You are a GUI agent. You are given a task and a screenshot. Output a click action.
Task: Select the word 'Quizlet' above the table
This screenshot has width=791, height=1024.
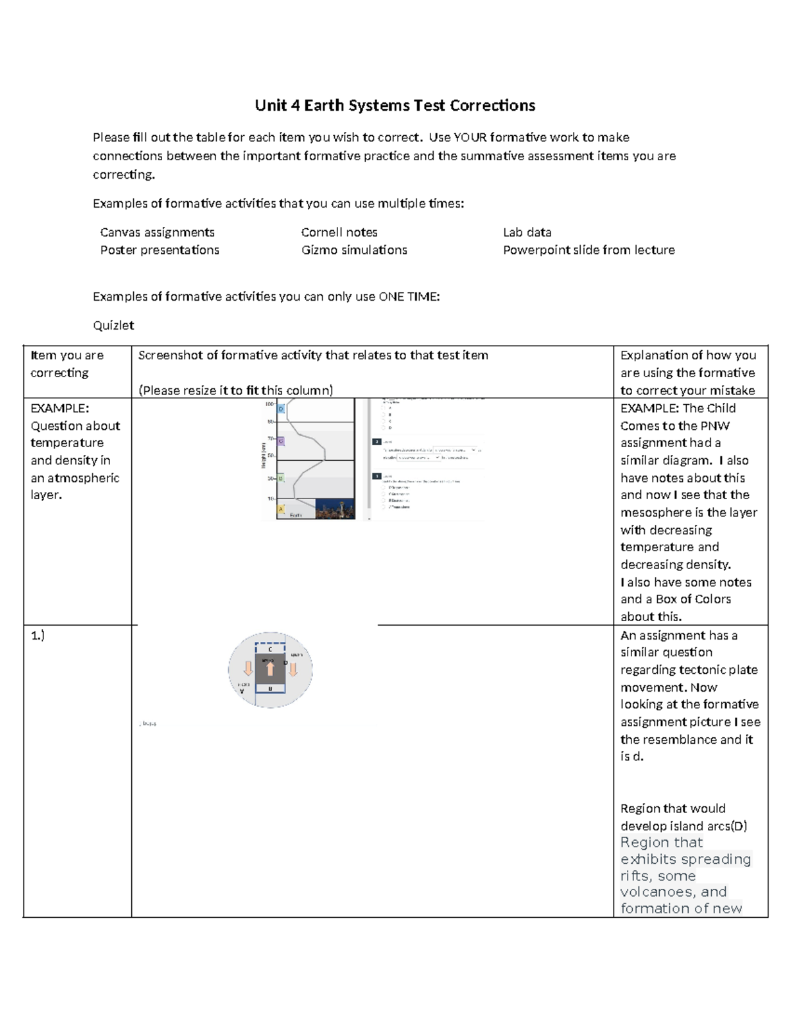(113, 325)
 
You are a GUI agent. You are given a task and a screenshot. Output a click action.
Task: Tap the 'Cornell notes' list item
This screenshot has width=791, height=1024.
(339, 232)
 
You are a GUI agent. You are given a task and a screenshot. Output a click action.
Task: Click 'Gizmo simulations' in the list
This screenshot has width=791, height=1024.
(354, 250)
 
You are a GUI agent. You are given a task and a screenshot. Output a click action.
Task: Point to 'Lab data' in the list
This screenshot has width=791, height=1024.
(527, 232)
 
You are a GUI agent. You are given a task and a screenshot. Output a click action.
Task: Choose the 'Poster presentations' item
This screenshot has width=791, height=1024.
(160, 250)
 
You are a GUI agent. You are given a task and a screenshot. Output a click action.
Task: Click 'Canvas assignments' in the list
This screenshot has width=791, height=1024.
(157, 232)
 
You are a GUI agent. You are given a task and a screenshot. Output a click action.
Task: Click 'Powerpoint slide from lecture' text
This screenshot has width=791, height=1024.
(589, 250)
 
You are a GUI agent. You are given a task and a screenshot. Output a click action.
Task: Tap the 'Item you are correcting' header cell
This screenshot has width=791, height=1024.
(67, 364)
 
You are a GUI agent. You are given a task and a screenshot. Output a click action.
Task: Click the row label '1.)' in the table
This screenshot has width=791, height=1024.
(38, 636)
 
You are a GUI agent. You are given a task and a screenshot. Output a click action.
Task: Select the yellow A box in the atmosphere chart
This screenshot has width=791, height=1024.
(281, 509)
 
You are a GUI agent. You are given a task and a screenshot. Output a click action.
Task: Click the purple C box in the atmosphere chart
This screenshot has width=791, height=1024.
(281, 440)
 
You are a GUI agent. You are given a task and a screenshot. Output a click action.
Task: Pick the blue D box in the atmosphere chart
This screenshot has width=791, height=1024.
(281, 409)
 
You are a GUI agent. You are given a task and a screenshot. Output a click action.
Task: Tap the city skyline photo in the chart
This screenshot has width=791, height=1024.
(335, 508)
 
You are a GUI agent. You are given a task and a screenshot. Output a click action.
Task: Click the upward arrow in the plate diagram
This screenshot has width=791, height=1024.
(270, 669)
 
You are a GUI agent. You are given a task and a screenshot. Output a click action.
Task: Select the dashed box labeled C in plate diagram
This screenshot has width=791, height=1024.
(270, 649)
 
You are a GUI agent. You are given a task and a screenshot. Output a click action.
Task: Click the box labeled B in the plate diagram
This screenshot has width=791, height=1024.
(270, 688)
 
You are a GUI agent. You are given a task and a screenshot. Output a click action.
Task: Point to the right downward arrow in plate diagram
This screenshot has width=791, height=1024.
(293, 669)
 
